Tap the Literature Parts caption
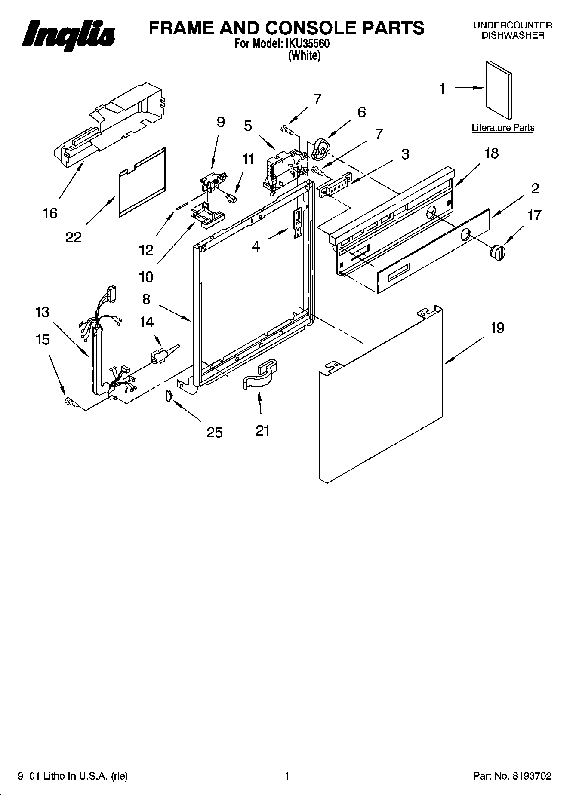pyautogui.click(x=503, y=128)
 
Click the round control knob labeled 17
pyautogui.click(x=498, y=252)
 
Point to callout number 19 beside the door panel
pyautogui.click(x=497, y=328)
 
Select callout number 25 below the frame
pyautogui.click(x=215, y=432)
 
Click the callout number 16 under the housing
pyautogui.click(x=50, y=213)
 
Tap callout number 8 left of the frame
pyautogui.click(x=146, y=299)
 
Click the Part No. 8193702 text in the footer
pyautogui.click(x=512, y=776)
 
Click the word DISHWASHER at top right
pyautogui.click(x=512, y=36)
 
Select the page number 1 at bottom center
pyautogui.click(x=286, y=776)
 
